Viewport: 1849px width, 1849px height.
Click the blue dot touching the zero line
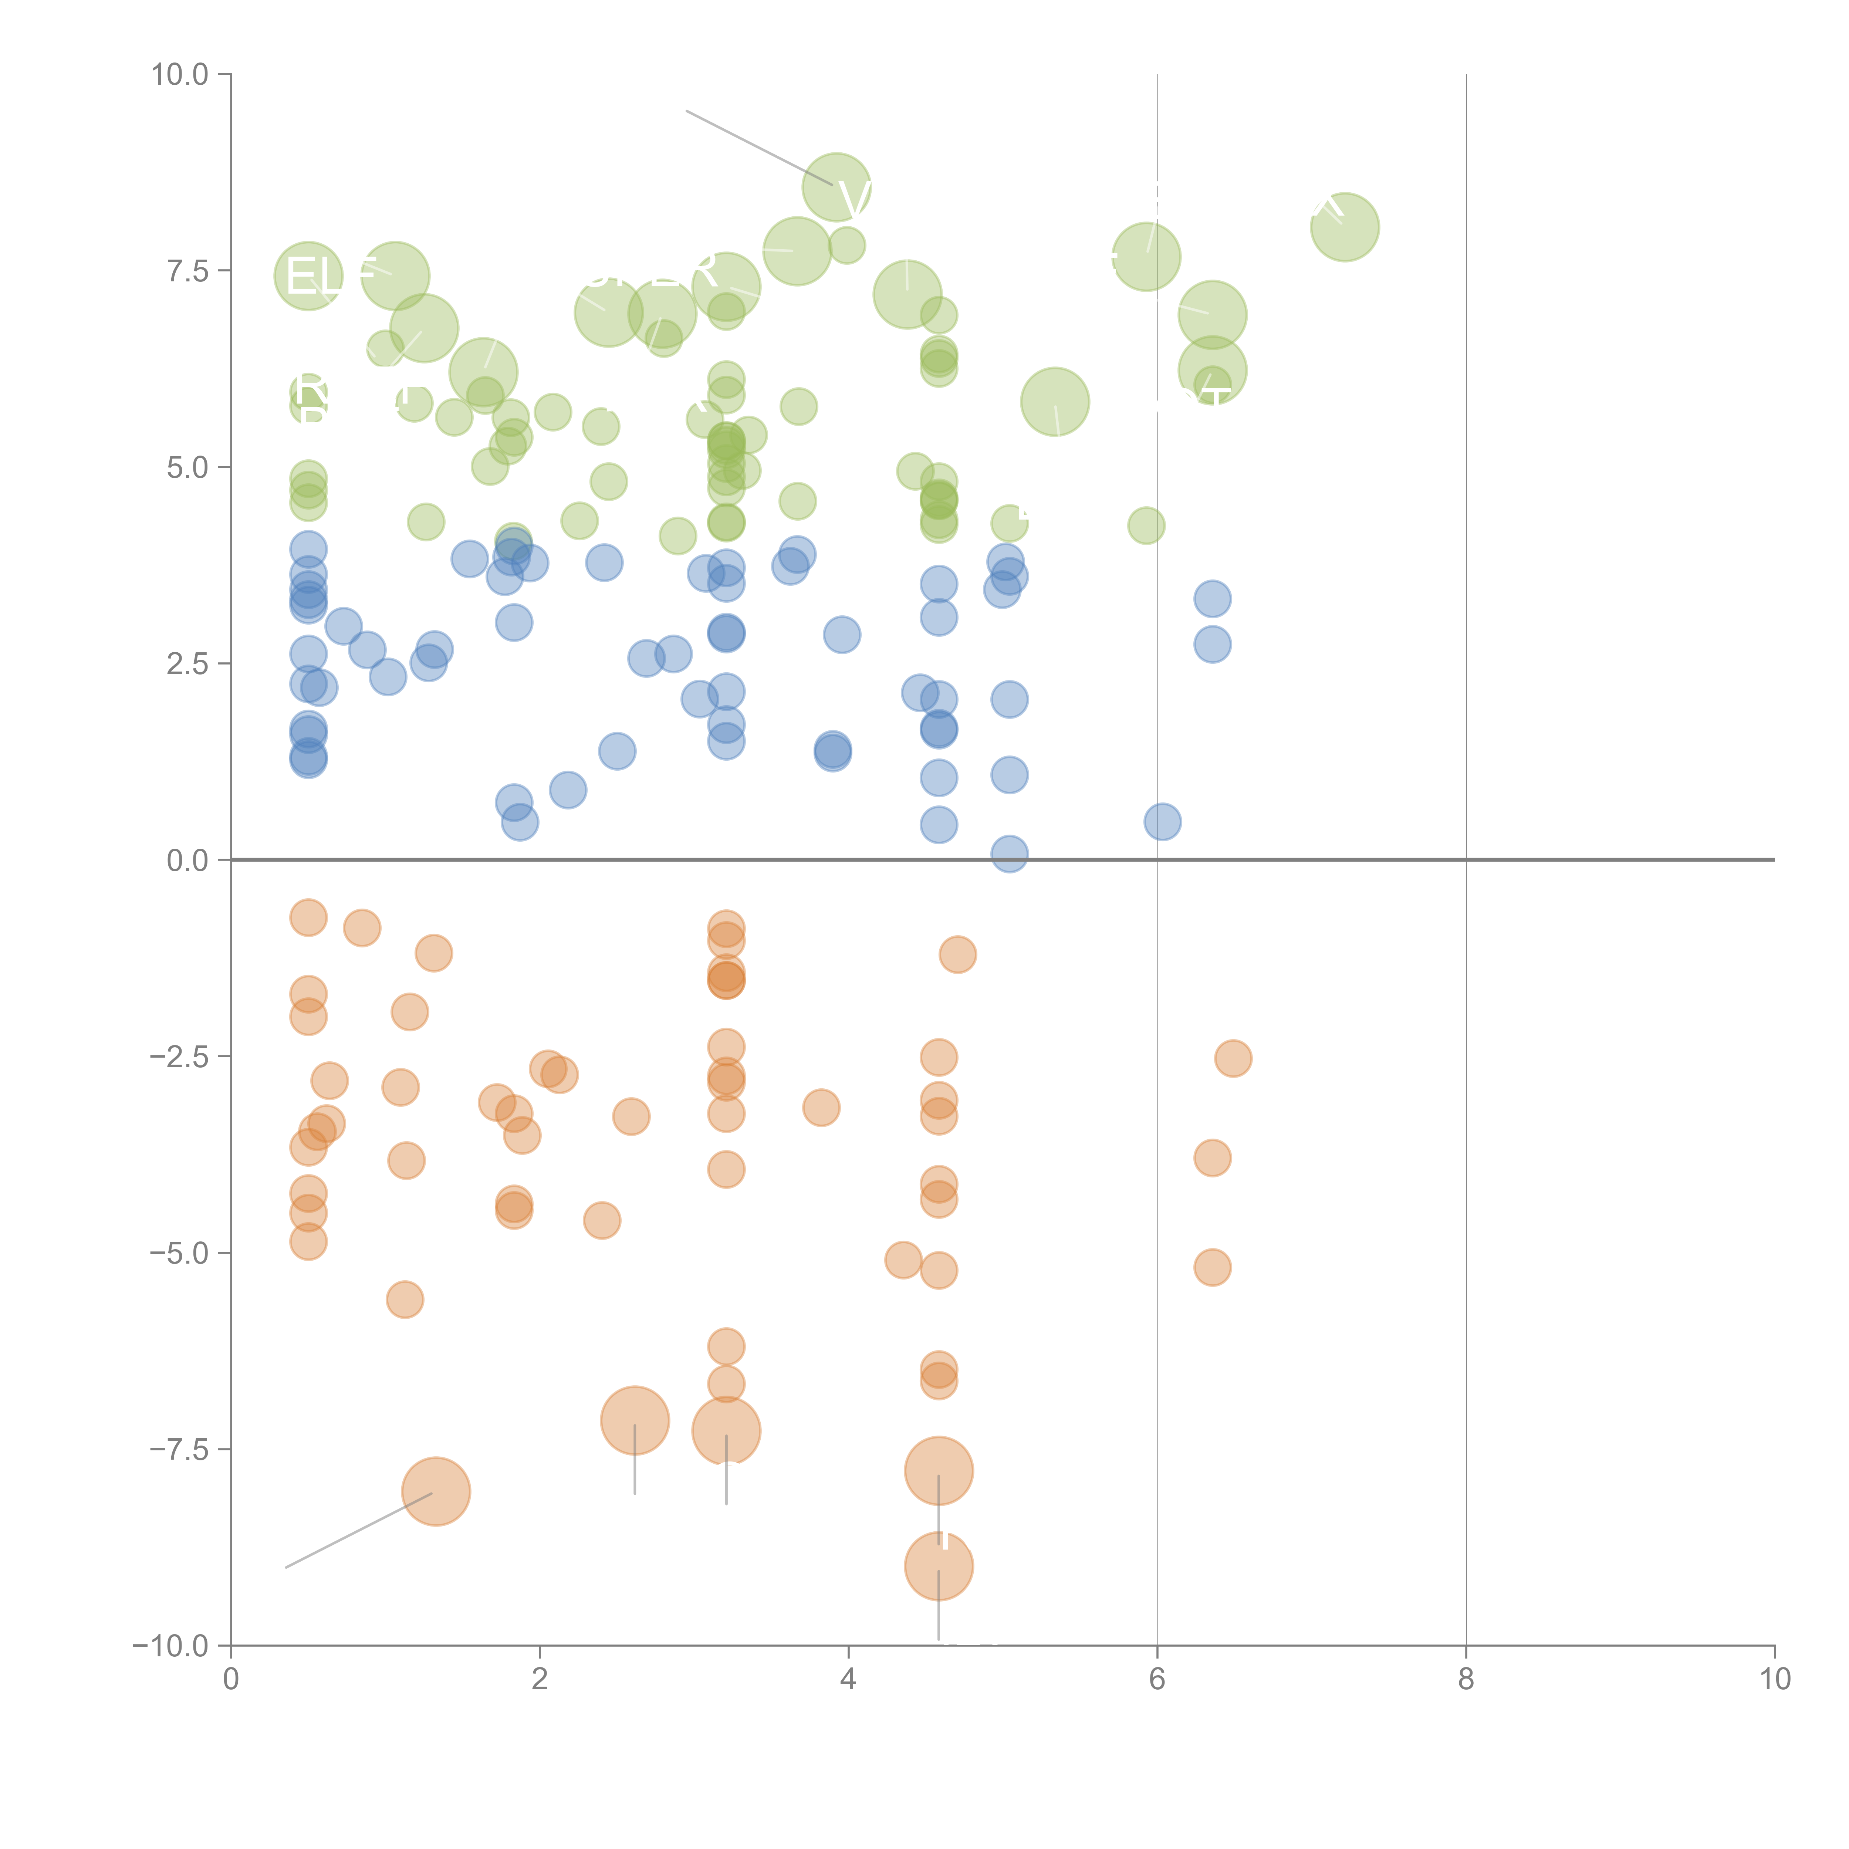pyautogui.click(x=1009, y=853)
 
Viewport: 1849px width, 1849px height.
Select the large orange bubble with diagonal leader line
pyautogui.click(x=436, y=1491)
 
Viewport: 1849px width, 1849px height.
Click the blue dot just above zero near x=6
pyautogui.click(x=1162, y=821)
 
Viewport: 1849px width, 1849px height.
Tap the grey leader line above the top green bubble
pyautogui.click(x=756, y=146)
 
